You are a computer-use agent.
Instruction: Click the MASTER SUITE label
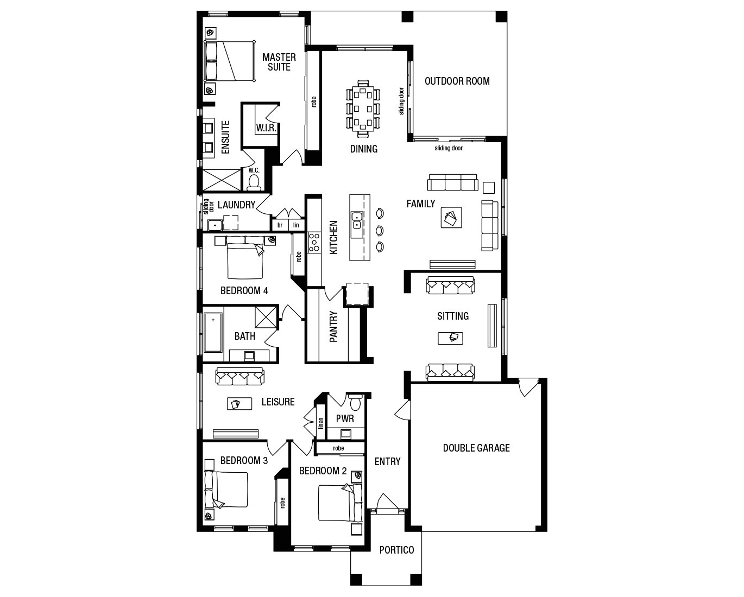(279, 62)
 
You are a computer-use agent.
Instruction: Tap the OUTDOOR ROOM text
(457, 81)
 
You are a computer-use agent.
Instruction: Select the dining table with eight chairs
(363, 108)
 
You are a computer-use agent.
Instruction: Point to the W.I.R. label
(266, 129)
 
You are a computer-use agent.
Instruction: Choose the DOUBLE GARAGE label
(476, 448)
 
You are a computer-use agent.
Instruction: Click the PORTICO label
(396, 550)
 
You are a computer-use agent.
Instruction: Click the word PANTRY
(334, 326)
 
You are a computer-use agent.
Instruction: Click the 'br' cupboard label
(280, 225)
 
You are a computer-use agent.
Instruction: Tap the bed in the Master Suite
(230, 61)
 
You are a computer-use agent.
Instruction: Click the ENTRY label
(387, 461)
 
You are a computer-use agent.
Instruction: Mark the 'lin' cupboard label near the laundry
(296, 225)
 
